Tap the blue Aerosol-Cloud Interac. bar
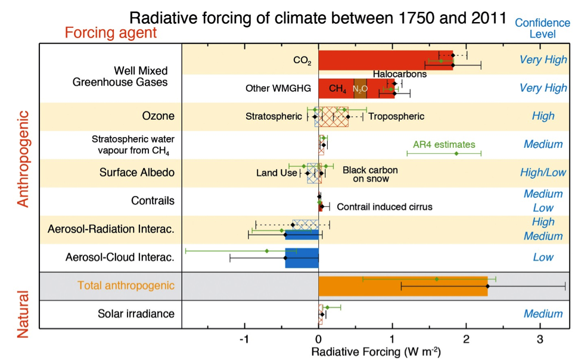click(302, 257)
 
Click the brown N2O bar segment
click(361, 88)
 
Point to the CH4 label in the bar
click(337, 89)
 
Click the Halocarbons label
click(400, 75)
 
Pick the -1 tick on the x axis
click(244, 339)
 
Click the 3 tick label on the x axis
click(540, 339)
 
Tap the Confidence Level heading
click(542, 28)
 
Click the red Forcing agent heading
click(111, 32)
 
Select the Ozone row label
click(158, 116)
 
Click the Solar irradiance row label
click(136, 314)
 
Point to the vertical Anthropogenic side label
click(23, 159)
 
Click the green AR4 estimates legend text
click(444, 144)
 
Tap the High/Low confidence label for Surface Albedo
click(543, 173)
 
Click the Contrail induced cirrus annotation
click(384, 207)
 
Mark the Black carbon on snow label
click(370, 174)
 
